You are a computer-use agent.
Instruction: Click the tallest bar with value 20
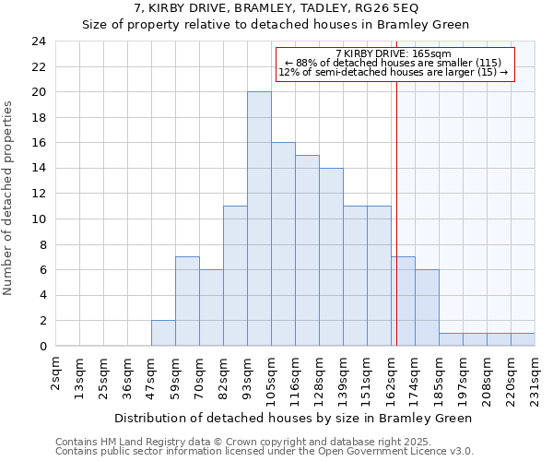259,219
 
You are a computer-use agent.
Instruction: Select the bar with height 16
283,244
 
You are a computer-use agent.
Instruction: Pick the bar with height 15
307,251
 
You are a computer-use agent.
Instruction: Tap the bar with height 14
331,257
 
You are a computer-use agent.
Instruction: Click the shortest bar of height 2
163,333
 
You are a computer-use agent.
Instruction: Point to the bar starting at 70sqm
211,308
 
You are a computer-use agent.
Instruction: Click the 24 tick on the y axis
38,41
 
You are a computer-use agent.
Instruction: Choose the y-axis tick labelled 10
38,219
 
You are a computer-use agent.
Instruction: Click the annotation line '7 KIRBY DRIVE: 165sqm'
394,53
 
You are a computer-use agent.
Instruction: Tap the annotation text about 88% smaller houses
394,63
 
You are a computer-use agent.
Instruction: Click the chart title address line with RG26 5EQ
276,8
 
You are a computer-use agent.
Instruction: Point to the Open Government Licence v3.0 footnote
265,452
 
